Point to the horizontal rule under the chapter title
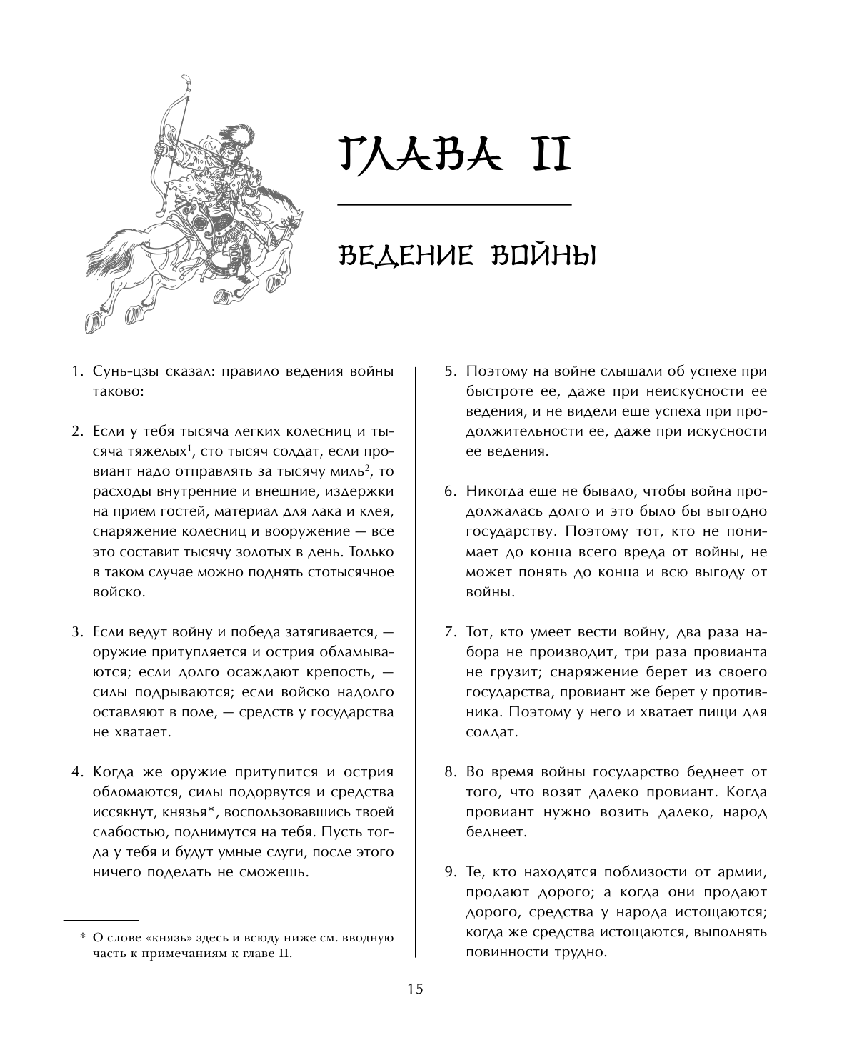[x=454, y=205]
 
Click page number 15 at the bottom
[x=415, y=989]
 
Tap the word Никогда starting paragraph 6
[x=494, y=492]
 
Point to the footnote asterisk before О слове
[x=82, y=936]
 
